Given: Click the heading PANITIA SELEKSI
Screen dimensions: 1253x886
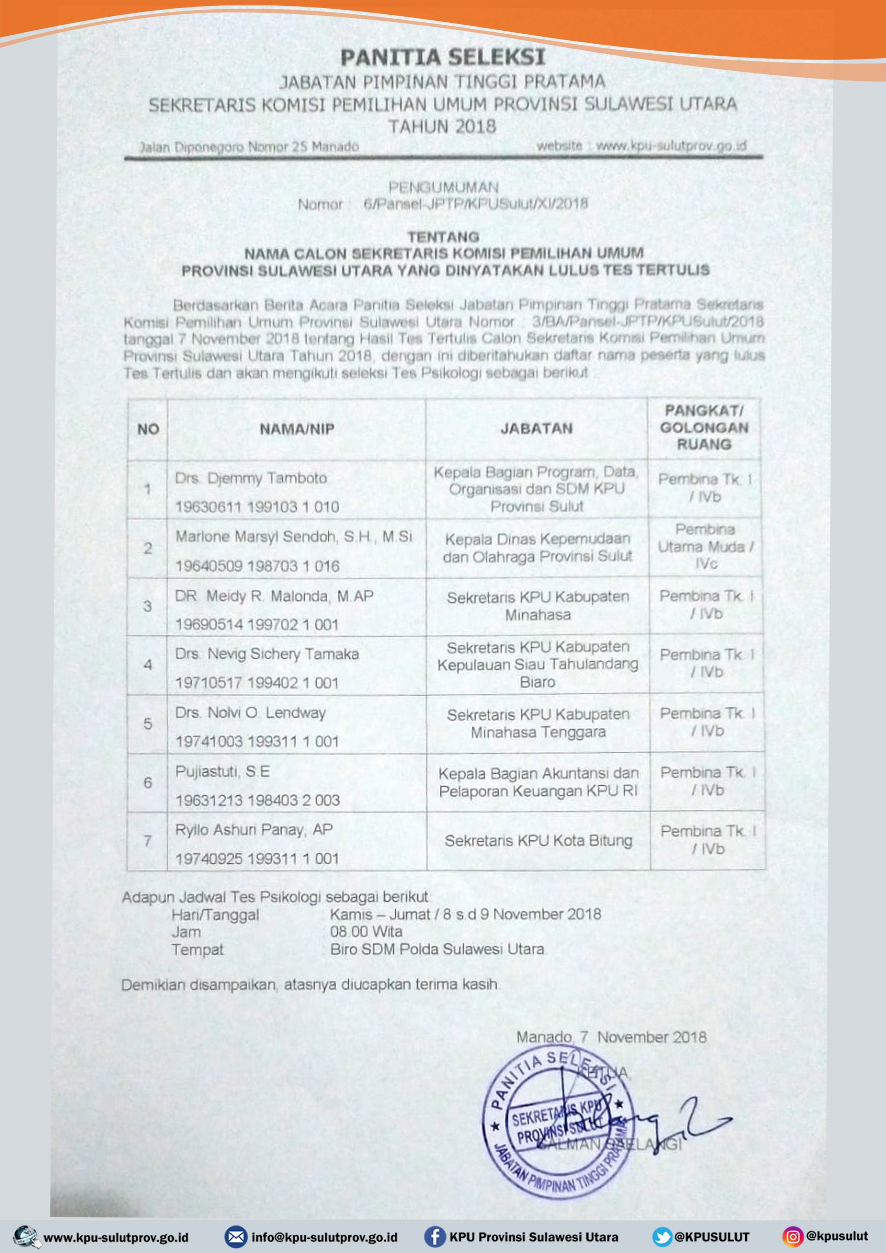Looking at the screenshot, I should pos(443,57).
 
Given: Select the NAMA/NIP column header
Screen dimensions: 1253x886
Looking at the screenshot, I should pos(297,429).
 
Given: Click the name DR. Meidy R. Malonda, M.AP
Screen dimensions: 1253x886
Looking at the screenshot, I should pos(274,596).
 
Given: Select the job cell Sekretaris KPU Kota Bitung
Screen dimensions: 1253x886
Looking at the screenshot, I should pos(538,840).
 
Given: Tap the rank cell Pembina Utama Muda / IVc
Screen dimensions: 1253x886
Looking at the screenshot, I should pos(705,546).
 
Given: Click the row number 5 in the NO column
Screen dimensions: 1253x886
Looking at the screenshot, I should pos(148,724).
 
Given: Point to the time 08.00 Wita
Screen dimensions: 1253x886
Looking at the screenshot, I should pos(366,932).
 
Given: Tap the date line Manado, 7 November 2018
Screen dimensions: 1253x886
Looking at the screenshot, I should pos(611,1037).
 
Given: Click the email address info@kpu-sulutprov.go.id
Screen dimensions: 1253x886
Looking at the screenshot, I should pos(324,1237).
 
